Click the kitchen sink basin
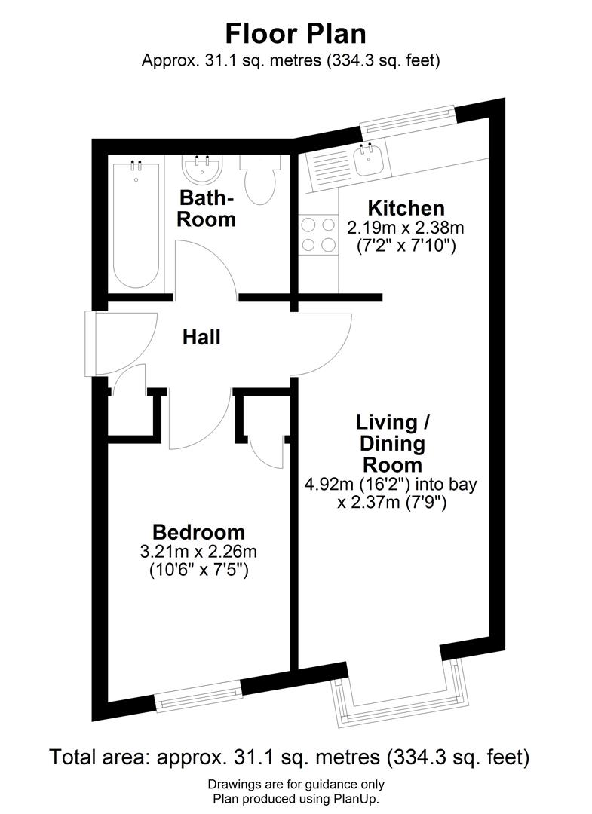click(x=369, y=161)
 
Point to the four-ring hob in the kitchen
click(x=318, y=234)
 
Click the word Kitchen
click(x=405, y=208)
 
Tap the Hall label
click(x=201, y=337)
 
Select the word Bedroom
click(x=198, y=532)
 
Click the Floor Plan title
click(x=296, y=33)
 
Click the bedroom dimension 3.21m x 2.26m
click(x=198, y=552)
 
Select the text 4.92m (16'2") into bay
click(x=391, y=484)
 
